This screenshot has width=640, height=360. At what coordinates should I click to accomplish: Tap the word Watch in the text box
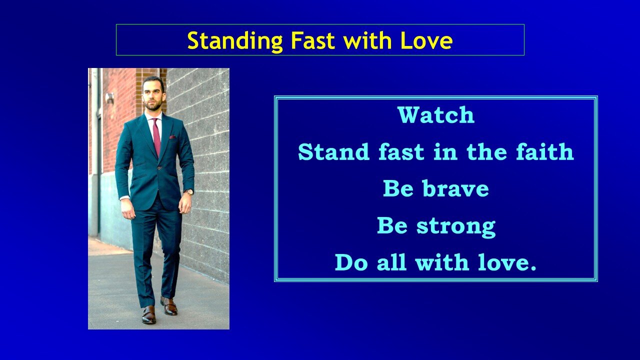point(435,115)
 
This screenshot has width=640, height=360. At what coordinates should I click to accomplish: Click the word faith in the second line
point(547,152)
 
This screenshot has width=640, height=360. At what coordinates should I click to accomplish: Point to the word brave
point(455,189)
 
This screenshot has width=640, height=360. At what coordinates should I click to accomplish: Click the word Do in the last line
point(351,263)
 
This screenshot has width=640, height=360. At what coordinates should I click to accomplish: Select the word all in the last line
point(392,263)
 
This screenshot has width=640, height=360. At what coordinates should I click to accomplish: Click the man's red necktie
point(156,136)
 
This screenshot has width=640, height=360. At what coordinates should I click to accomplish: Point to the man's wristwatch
point(188,192)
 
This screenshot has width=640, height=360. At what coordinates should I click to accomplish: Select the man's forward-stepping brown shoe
point(148,314)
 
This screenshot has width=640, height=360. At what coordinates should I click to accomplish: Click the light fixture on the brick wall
point(109,98)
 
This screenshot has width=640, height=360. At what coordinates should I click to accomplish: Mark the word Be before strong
point(392,226)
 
